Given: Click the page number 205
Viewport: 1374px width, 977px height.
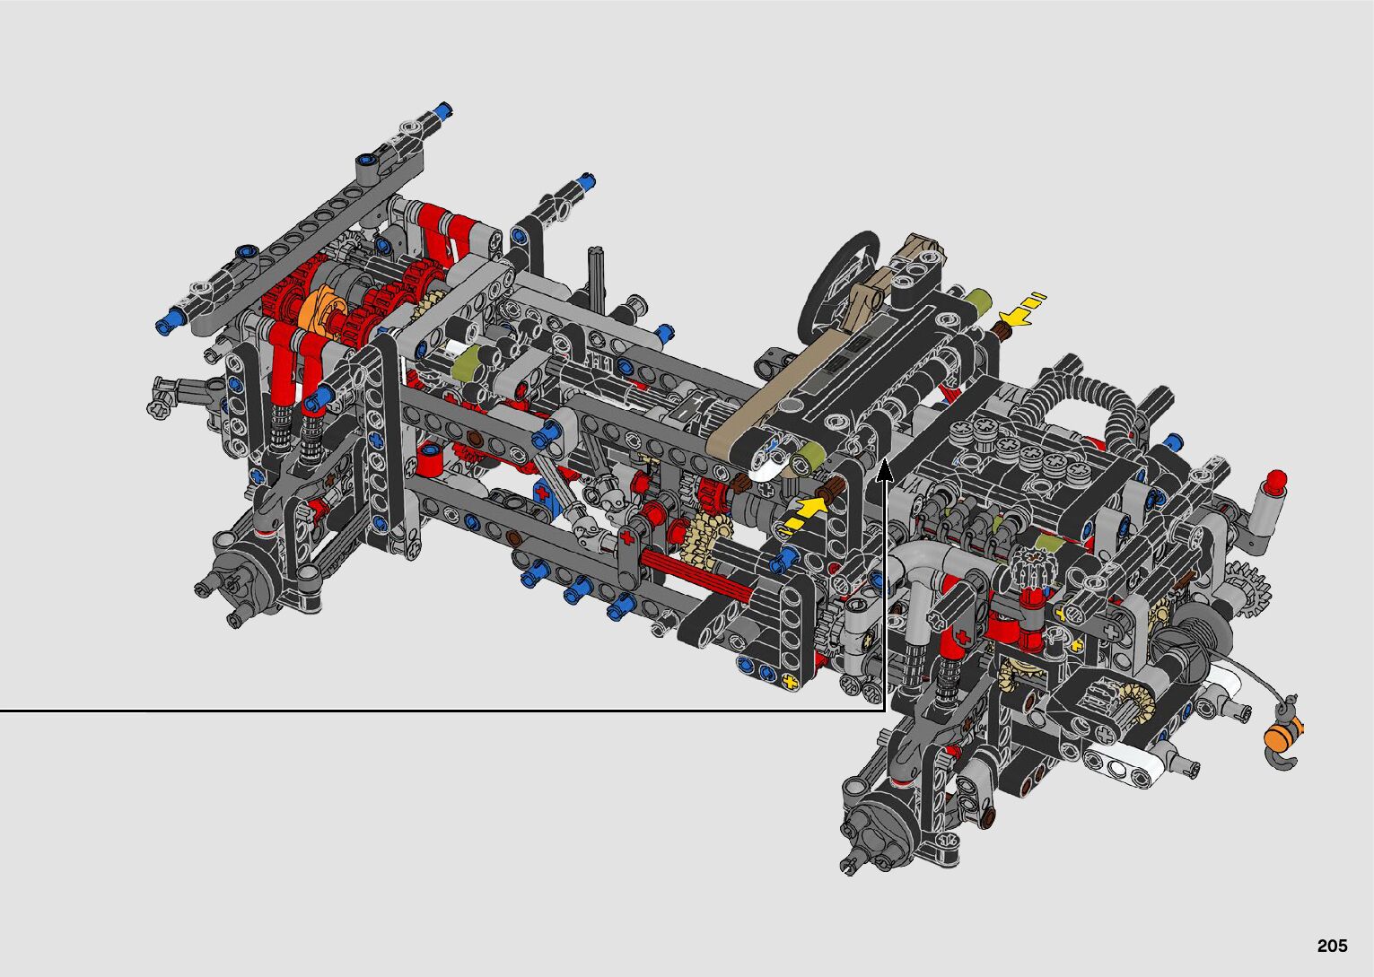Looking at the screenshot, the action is [x=1333, y=946].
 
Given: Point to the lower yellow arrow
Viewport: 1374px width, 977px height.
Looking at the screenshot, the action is [x=802, y=515].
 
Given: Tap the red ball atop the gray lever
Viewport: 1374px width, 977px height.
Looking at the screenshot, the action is [x=1276, y=479].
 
